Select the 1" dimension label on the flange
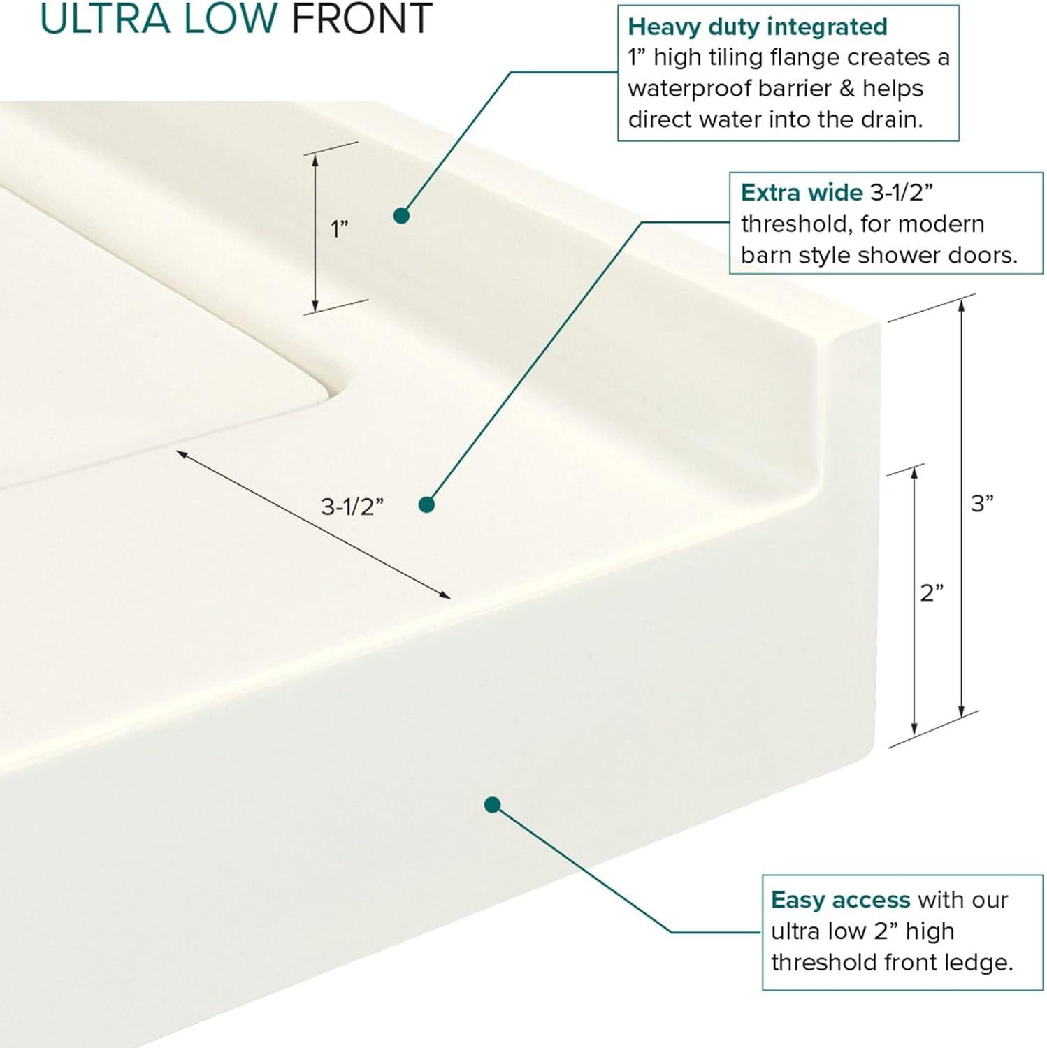tap(339, 228)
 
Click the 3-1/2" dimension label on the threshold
tap(352, 507)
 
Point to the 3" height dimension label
tap(982, 503)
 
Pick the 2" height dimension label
tap(932, 593)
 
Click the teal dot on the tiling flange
tap(401, 215)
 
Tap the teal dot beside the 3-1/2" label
tap(426, 504)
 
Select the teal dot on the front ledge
tap(492, 805)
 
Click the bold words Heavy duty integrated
tap(758, 27)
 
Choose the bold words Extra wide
tap(802, 192)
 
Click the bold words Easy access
tap(840, 900)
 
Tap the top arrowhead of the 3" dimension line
tap(962, 303)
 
